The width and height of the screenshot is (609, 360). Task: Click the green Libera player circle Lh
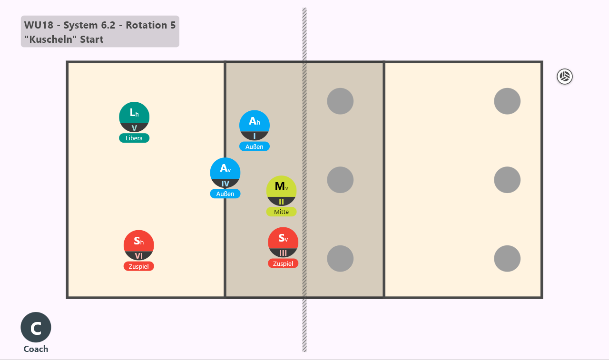click(x=134, y=117)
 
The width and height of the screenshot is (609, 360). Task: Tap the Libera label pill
click(x=134, y=138)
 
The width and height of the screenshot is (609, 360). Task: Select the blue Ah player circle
click(x=255, y=126)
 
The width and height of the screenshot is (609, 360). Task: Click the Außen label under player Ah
click(x=255, y=146)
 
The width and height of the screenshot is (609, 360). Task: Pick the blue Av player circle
click(x=225, y=173)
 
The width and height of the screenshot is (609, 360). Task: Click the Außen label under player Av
click(x=225, y=194)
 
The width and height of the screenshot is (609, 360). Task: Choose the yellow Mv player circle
click(x=281, y=191)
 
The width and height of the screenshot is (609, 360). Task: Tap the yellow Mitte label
click(x=281, y=212)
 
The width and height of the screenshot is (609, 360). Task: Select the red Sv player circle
click(x=283, y=243)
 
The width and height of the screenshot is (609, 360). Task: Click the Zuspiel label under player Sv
click(x=283, y=263)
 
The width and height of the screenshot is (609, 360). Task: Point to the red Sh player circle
click(x=138, y=245)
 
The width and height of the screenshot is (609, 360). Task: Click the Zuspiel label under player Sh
click(x=138, y=266)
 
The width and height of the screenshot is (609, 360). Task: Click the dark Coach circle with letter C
click(x=36, y=327)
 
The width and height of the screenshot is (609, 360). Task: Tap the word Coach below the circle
click(x=36, y=349)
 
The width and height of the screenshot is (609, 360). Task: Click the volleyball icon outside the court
click(x=565, y=77)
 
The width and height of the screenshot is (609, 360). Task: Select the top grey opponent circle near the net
click(x=340, y=101)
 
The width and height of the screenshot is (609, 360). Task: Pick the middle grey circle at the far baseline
click(x=507, y=180)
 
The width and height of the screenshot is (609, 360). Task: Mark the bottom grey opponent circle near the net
click(x=340, y=258)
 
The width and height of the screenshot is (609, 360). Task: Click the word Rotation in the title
click(x=146, y=25)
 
